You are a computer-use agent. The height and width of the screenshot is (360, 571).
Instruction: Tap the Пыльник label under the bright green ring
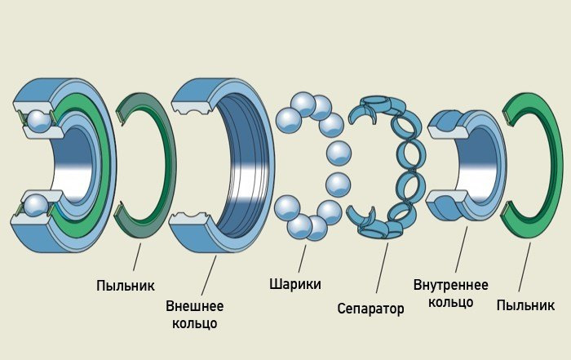525,304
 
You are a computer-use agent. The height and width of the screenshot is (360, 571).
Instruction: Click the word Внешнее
194,306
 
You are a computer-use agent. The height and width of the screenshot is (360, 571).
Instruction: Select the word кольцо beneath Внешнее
194,323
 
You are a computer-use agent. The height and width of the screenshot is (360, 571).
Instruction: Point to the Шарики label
294,284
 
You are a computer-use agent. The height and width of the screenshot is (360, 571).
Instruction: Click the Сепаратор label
370,309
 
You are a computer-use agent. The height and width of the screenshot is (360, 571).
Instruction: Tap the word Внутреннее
450,285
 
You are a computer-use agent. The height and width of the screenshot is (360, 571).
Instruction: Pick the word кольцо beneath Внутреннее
450,302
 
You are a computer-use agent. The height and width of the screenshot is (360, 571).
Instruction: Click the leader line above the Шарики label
302,258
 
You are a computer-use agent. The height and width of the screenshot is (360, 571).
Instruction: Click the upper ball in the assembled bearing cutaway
38,121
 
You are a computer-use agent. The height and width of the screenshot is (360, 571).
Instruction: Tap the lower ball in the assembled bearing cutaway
38,202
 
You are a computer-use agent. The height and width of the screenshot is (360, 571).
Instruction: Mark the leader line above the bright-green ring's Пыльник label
525,269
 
